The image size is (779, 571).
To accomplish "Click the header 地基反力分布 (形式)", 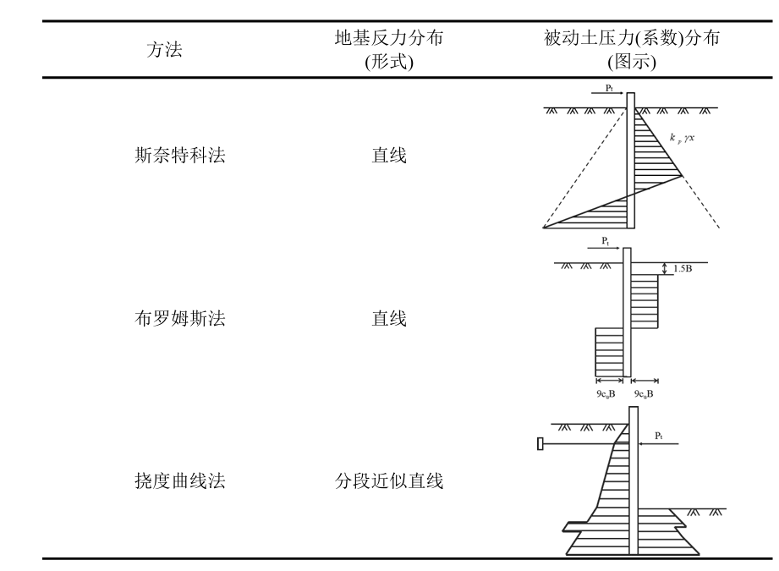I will [x=388, y=50].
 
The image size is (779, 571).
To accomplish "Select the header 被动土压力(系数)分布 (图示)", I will [x=632, y=50].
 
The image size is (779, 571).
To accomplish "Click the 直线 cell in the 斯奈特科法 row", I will [x=389, y=156].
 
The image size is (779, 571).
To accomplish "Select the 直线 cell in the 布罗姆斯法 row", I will [x=389, y=319].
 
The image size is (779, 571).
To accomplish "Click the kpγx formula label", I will [x=681, y=136].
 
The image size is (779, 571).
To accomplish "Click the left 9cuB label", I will [x=606, y=393].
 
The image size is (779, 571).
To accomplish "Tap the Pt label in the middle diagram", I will [x=606, y=240].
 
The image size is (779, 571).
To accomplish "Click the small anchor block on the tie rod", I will [x=540, y=443].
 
